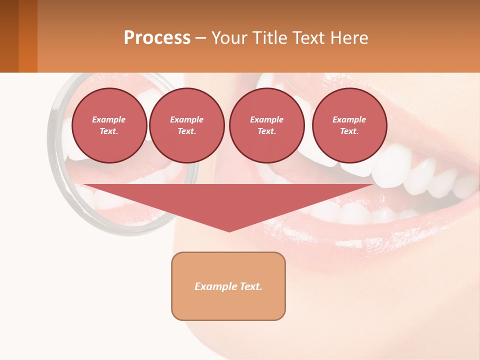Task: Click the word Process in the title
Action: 157,38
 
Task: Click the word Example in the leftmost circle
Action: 109,119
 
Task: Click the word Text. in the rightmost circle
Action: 349,131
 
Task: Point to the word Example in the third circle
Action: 266,119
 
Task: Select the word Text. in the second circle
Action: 187,131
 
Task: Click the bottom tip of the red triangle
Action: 229,230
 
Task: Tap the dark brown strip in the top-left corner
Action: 9,36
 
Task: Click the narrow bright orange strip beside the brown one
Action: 28,36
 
